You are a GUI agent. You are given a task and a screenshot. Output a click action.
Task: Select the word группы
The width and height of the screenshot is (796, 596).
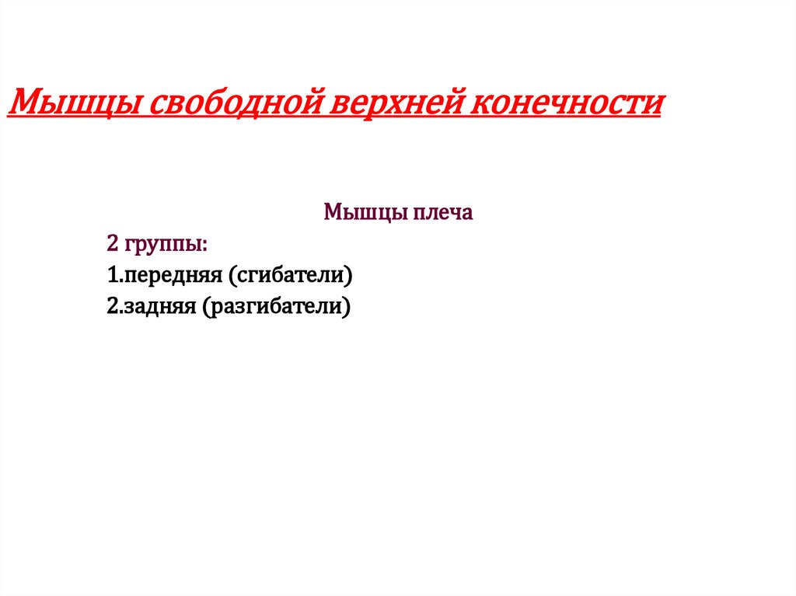163,246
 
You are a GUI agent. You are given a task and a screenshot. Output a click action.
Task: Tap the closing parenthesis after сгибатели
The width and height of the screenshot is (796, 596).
350,277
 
